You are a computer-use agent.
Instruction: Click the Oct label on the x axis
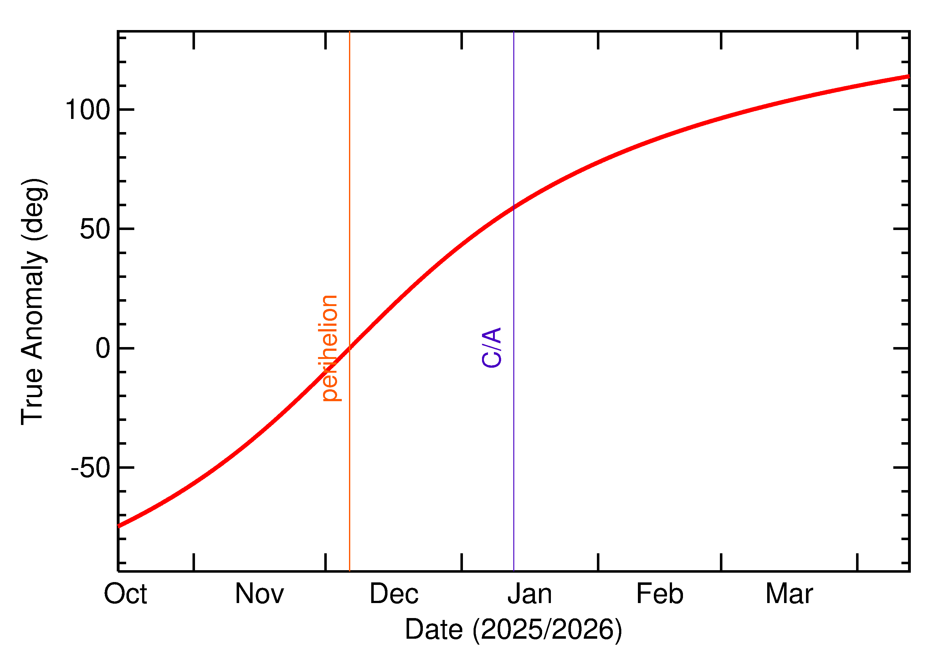(125, 594)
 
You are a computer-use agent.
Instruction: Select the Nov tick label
(259, 594)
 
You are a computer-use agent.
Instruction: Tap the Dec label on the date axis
(394, 594)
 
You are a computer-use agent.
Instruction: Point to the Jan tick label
(530, 594)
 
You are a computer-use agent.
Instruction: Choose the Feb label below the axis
(660, 594)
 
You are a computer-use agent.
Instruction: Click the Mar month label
(789, 594)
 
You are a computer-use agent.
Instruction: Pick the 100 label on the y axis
(88, 110)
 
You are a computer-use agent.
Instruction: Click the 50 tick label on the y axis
(95, 229)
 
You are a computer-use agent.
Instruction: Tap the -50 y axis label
(90, 468)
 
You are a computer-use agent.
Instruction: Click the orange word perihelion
(330, 348)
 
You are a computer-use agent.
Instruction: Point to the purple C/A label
(492, 348)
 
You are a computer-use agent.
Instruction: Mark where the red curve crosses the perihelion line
(349, 348)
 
